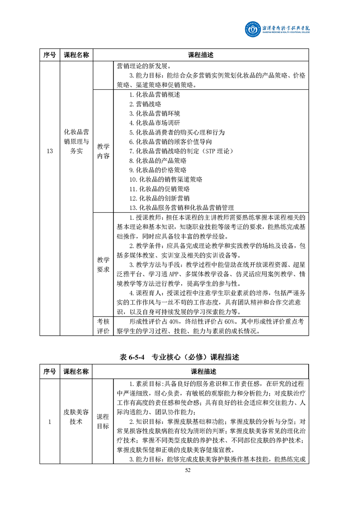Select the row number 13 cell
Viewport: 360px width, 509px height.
[x=50, y=151]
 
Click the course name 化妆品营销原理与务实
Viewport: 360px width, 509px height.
[x=76, y=142]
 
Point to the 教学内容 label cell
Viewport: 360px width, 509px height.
[x=104, y=151]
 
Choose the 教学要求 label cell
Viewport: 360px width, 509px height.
[x=104, y=264]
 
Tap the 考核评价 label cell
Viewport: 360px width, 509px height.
[x=104, y=326]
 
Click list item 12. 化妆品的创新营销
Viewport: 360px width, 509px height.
[x=159, y=198]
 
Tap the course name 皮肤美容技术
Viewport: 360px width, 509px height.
[x=76, y=416]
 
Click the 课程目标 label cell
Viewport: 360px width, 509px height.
[x=104, y=421]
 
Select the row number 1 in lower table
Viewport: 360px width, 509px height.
[x=50, y=421]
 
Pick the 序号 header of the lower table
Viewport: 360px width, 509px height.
[x=50, y=372]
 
